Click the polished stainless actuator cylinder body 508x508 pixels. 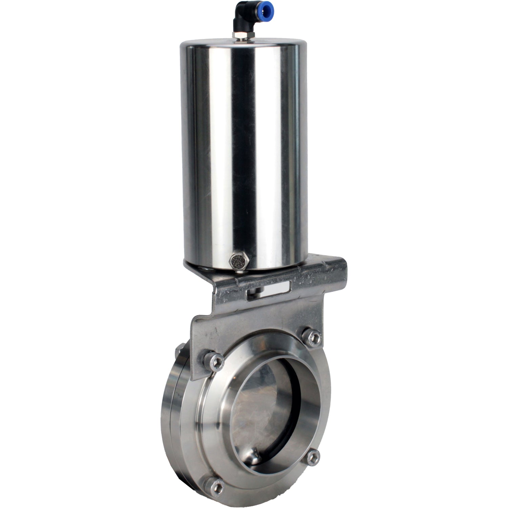[x=244, y=152]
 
